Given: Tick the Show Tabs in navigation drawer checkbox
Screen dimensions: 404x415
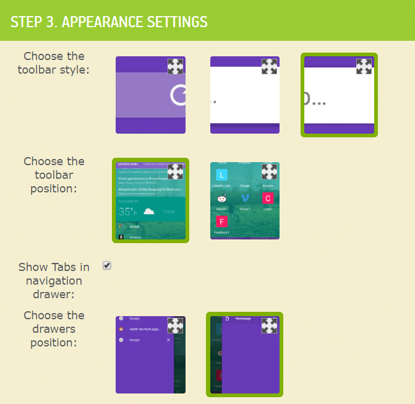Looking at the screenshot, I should coord(107,265).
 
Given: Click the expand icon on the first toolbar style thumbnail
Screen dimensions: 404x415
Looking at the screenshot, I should coord(175,66).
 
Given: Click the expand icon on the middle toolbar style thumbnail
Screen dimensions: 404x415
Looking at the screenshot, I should coord(269,66).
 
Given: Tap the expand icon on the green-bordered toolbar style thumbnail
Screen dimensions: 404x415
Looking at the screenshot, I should coord(364,66).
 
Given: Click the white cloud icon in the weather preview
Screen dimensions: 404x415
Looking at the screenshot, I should coord(148,212).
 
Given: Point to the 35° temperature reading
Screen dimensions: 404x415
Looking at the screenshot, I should coord(127,212).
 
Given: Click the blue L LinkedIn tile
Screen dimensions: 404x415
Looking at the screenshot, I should coord(222,175).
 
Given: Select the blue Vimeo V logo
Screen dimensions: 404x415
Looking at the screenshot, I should coord(245,198).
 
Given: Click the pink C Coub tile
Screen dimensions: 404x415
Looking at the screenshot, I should coord(268,198).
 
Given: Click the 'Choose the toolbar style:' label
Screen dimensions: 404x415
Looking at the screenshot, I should coord(53,62).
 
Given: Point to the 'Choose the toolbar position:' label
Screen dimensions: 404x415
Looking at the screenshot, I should coord(53,174).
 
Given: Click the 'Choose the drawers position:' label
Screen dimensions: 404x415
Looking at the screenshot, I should coord(53,329).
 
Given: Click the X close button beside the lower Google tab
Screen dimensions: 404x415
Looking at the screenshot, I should coord(168,340).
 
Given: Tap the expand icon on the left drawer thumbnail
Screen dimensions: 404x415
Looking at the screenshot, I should coord(175,325).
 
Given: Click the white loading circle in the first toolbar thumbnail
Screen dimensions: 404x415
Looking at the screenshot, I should coord(179,95).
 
